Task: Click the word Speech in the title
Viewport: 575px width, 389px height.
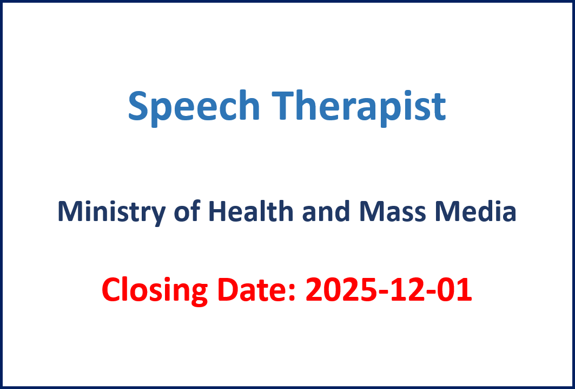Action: click(x=194, y=108)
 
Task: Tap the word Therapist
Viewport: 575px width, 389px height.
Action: click(x=359, y=108)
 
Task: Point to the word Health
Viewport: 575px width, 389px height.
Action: click(x=251, y=212)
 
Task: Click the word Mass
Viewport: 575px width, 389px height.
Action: click(x=393, y=212)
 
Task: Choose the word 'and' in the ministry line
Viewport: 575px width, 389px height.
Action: click(x=326, y=212)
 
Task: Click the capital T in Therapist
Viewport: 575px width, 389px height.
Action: click(x=284, y=106)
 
